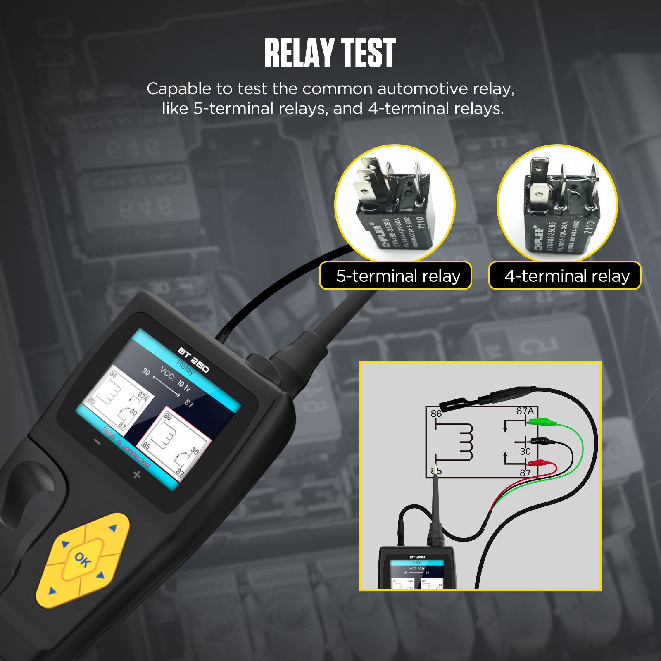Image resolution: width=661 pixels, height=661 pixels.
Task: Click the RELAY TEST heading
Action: pos(330,52)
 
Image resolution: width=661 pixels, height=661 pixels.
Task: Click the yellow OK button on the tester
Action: pos(83,560)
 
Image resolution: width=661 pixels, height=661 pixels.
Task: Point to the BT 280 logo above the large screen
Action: pos(193,360)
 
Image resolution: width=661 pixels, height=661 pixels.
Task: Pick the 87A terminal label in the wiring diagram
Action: pos(525,411)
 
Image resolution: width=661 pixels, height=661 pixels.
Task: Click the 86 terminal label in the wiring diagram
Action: pos(436,414)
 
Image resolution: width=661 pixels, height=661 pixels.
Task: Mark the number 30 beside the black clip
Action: pos(525,452)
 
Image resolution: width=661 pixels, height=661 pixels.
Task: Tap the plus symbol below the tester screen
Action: pos(137,475)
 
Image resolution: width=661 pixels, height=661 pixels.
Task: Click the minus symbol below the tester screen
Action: pos(97,442)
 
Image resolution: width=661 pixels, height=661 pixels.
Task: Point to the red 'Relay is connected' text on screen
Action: pos(126,447)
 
